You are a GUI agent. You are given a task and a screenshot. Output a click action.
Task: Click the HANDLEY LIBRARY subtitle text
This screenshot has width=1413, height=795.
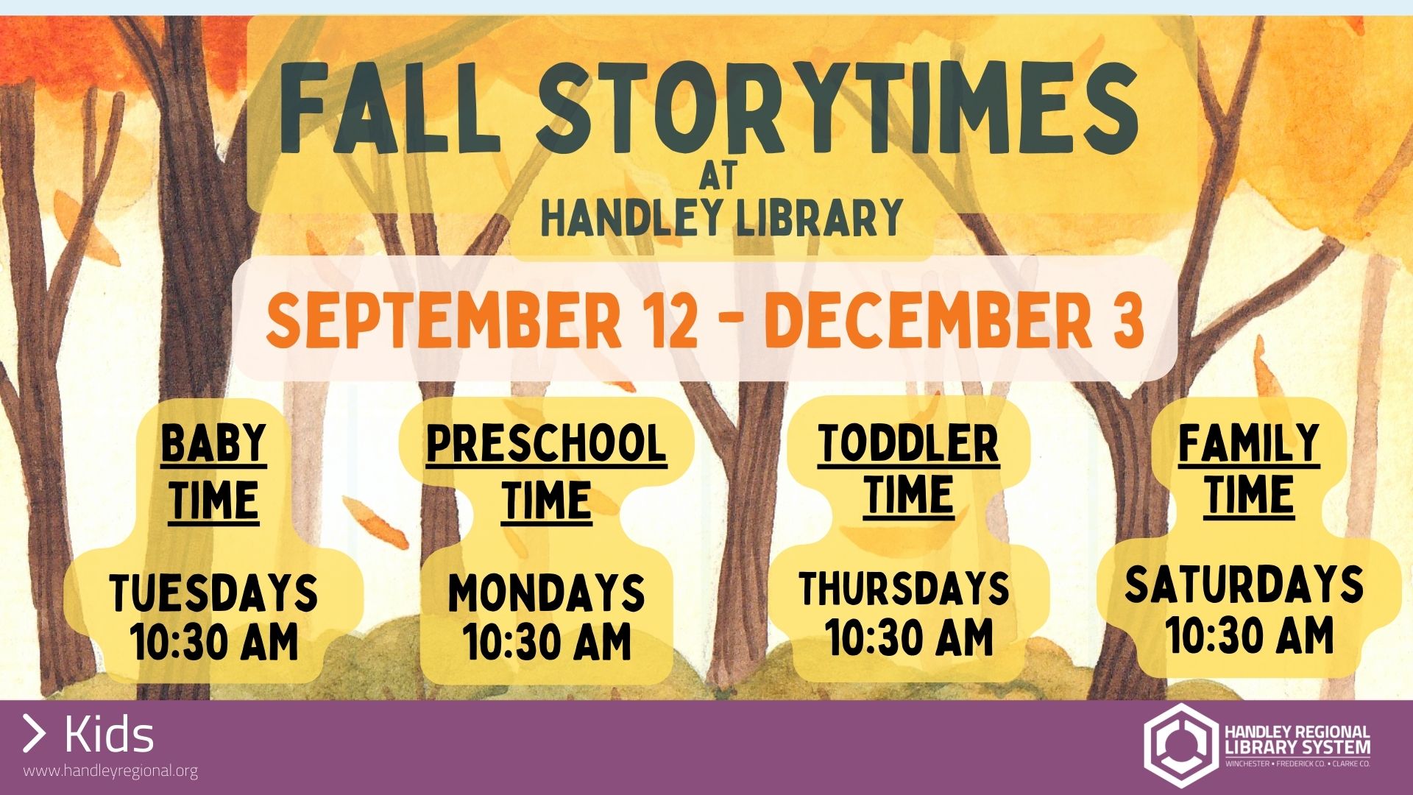click(722, 217)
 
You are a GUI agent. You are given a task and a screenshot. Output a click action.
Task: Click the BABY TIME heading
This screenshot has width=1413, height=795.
click(213, 473)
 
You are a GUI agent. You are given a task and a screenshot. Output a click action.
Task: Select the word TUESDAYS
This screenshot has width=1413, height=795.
click(213, 593)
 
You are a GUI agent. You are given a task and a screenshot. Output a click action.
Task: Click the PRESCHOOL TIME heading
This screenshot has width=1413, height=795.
click(547, 473)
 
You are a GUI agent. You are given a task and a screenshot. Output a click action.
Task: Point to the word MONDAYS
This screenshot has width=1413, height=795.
click(547, 593)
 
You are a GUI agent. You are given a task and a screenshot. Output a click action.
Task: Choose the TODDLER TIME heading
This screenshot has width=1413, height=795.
click(908, 470)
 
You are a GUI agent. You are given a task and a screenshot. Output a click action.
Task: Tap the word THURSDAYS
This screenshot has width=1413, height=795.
click(904, 588)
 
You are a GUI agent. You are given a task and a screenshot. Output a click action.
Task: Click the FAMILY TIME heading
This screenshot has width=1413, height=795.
click(1249, 470)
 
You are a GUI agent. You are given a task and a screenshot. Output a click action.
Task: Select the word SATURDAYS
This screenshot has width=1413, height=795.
click(1244, 584)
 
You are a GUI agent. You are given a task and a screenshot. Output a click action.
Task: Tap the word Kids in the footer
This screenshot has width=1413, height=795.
click(109, 734)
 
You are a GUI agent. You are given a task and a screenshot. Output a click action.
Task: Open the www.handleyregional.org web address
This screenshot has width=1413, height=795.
click(110, 771)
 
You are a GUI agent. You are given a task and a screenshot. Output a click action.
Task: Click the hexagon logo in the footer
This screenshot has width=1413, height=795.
click(1180, 745)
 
